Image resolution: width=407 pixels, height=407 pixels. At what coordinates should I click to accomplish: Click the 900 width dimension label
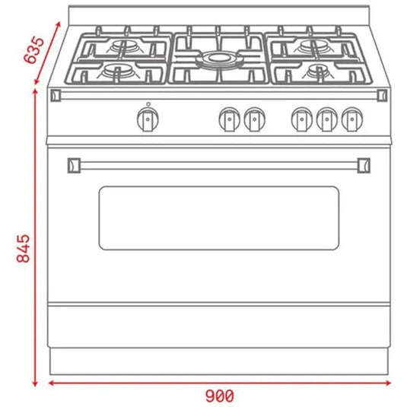click(219, 395)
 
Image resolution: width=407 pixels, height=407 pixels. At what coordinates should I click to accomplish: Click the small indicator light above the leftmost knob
click(148, 104)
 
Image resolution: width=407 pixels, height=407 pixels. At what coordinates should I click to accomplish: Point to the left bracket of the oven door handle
click(74, 163)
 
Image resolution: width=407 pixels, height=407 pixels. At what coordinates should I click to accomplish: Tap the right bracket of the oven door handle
click(364, 163)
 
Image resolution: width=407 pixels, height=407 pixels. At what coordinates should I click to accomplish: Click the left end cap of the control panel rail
click(56, 94)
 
